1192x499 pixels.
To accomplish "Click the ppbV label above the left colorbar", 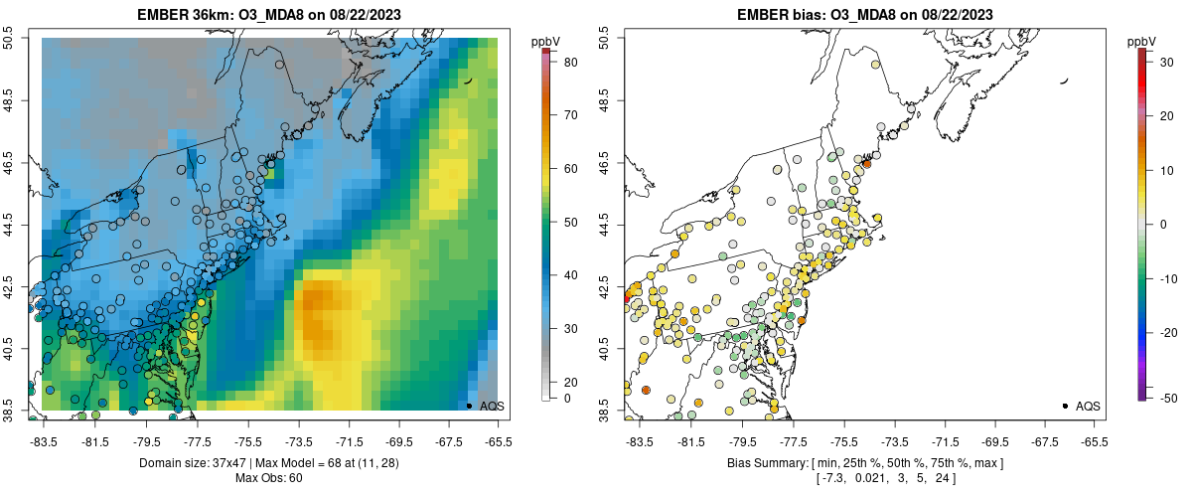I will click(545, 41).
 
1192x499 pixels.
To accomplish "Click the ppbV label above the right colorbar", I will click(1141, 41).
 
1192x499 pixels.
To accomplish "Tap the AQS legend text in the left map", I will click(492, 406).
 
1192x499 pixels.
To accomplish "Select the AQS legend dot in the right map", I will click(1065, 406).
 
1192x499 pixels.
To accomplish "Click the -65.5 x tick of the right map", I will click(1093, 441).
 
